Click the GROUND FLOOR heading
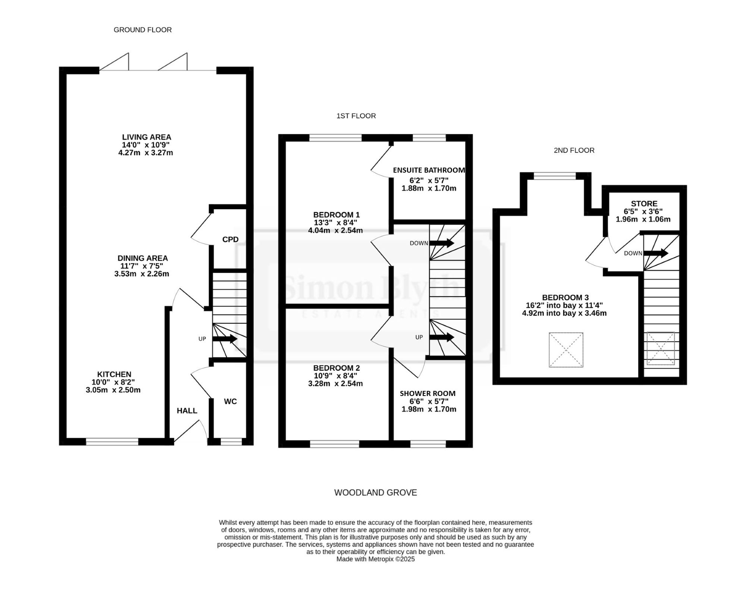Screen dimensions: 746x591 pos(142,30)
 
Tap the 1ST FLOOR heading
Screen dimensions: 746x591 pos(356,116)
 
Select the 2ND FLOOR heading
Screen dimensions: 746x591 pos(574,150)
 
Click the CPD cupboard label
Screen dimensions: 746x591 pos(230,239)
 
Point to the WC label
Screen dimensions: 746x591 pos(230,401)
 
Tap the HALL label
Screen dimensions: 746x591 pos(187,411)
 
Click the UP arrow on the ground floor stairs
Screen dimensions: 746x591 pos(225,339)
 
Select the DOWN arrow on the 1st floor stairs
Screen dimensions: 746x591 pos(442,243)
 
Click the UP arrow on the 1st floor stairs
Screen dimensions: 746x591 pos(442,337)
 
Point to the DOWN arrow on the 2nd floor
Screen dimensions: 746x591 pos(656,254)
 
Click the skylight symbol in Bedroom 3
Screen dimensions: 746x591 pos(566,350)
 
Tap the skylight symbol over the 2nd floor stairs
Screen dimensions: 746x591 pos(661,348)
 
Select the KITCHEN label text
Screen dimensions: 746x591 pos(114,374)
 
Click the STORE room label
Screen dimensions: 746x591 pos(644,204)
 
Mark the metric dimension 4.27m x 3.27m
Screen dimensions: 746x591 pos(145,153)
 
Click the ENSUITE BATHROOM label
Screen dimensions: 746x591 pos(429,170)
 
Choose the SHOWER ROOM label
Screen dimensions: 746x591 pos(427,393)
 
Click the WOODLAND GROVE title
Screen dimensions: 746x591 pos(376,493)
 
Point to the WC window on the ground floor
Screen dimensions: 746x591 pos(231,442)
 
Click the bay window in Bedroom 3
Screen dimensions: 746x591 pos(555,176)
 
